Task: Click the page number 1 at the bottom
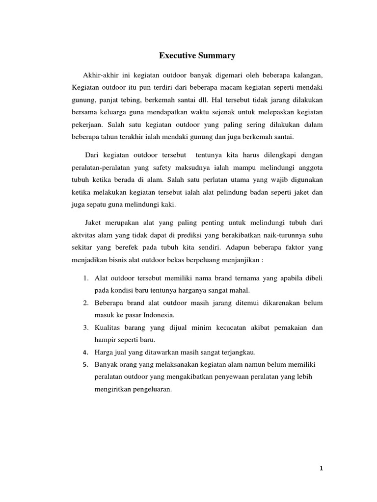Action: coord(321,468)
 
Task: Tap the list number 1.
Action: coord(85,278)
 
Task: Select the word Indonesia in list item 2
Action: coord(158,314)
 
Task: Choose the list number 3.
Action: coord(85,327)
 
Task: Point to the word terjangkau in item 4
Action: coord(239,352)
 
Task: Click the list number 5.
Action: coord(85,365)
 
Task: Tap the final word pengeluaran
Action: coord(147,390)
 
